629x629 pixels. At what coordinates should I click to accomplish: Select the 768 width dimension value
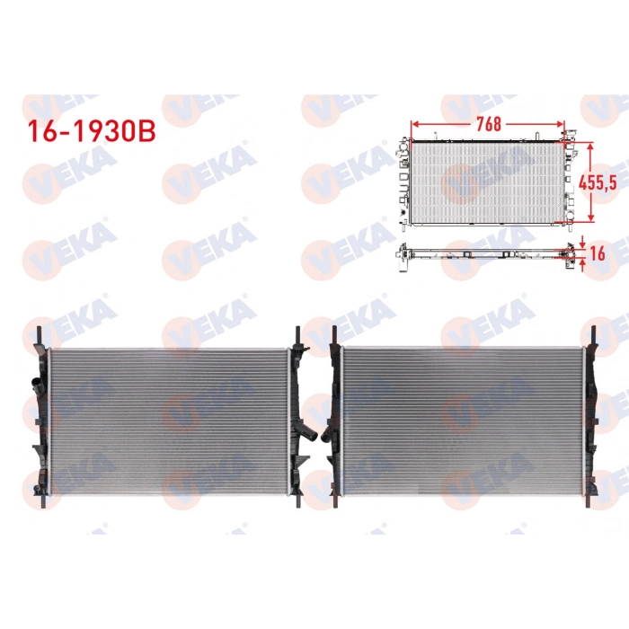[489, 124]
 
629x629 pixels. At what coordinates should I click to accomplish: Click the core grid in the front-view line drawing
[485, 182]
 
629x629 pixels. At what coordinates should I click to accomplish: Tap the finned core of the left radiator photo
[168, 418]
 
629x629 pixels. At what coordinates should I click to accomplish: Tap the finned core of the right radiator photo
[462, 418]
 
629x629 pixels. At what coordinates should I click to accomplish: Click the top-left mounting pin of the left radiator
[39, 331]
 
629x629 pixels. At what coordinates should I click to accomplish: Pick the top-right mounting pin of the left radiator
[297, 332]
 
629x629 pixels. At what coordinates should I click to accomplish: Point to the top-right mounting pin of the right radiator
[591, 331]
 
